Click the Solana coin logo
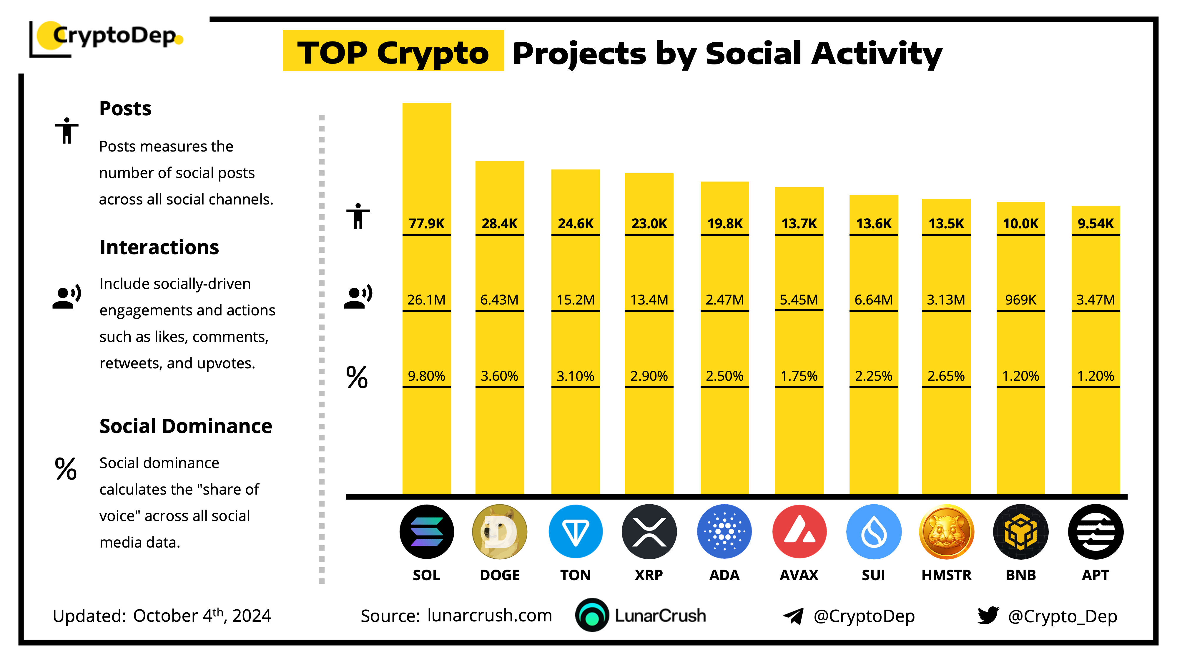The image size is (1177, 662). pos(426,531)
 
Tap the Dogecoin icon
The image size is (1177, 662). pos(499,531)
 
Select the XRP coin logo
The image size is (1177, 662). pos(649,531)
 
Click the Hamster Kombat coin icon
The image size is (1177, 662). pos(946,531)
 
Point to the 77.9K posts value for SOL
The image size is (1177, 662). pos(426,223)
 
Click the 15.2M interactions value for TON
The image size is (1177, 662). pos(575,300)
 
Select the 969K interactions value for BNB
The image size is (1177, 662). pos(1020,300)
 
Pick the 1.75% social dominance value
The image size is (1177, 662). pos(799,376)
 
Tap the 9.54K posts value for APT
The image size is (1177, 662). pos(1095,223)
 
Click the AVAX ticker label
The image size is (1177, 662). pos(799,575)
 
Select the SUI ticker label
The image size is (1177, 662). pos(873,575)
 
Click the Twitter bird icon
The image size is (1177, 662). pos(988,616)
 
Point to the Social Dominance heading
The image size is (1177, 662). pos(185,426)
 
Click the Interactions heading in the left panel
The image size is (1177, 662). pos(159,247)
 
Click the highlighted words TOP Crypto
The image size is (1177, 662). pos(393,53)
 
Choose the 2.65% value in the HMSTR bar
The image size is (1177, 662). pos(946,376)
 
